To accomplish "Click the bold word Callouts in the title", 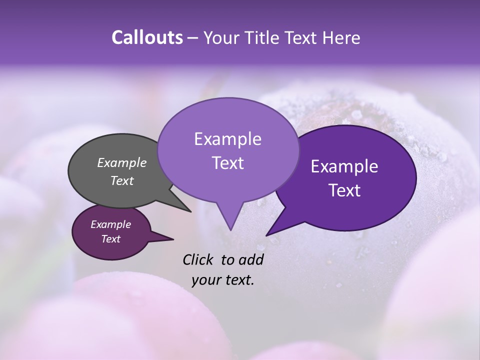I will click(x=147, y=37).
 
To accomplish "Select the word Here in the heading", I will click(x=341, y=37).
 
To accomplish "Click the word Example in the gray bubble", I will click(x=121, y=162).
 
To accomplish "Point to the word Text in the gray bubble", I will click(x=121, y=180).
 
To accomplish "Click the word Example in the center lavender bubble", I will click(x=227, y=139).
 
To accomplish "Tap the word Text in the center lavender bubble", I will click(x=227, y=163).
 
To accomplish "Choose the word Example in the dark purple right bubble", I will click(x=344, y=166).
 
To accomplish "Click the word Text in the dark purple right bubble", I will click(x=344, y=190).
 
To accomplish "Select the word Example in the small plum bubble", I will click(x=110, y=224).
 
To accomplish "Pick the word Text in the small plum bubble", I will click(x=110, y=239).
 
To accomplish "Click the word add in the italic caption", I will click(x=251, y=259).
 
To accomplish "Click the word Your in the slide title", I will click(x=219, y=37).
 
